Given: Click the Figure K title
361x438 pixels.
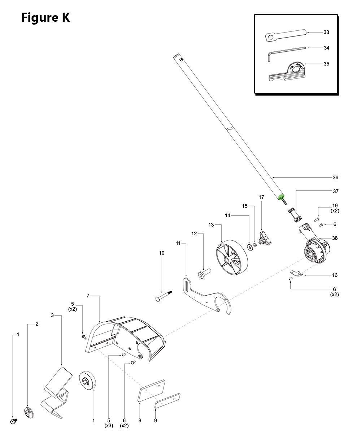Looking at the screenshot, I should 45,17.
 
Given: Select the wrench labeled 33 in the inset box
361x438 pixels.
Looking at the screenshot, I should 285,35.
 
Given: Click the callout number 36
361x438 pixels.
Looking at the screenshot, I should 335,177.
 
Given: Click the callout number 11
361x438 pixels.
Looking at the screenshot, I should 178,244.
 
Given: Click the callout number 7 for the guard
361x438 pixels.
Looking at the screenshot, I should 88,296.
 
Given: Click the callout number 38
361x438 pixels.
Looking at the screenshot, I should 335,238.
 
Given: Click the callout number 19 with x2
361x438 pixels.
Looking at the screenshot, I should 335,206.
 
